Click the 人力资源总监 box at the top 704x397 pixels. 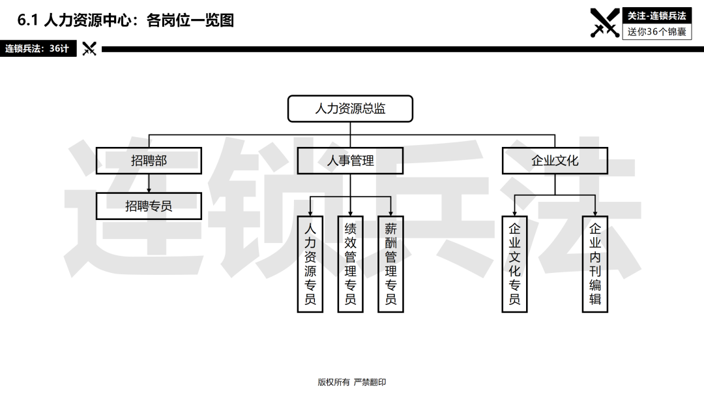pos(350,108)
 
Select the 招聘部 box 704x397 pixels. pos(149,161)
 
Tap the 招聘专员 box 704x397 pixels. pos(149,206)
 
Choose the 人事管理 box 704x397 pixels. pos(350,161)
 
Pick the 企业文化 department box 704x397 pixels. pos(555,161)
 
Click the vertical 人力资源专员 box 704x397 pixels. pos(310,264)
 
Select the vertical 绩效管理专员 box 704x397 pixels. pos(350,264)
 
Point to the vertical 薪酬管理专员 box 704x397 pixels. pos(390,264)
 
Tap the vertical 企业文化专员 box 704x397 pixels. pos(514,264)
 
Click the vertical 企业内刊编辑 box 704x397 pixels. pos(595,264)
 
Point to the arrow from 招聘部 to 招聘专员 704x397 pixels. pos(149,183)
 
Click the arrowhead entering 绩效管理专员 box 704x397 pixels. pos(350,213)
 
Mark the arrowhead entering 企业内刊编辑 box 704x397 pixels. pos(595,213)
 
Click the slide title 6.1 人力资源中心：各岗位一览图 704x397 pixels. pos(126,20)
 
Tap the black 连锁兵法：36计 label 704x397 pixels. pos(38,48)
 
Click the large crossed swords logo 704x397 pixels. pos(605,22)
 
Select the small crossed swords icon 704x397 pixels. pos(89,48)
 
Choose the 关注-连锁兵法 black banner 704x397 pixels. pos(656,16)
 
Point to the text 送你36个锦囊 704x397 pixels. pos(656,31)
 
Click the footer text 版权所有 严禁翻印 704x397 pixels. pos(352,382)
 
